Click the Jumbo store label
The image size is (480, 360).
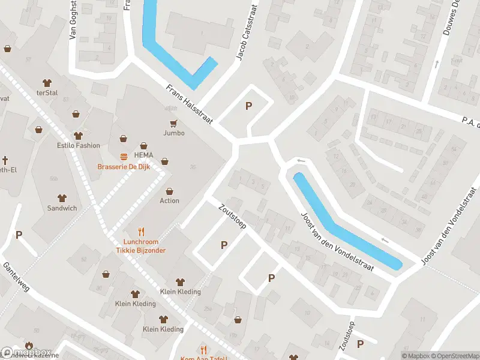174,133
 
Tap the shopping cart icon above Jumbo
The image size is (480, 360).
174,123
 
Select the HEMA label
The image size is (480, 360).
143,155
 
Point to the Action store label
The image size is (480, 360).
169,200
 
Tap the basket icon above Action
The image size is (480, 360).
170,191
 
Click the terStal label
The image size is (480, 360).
47,92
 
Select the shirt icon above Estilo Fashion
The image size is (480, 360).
77,136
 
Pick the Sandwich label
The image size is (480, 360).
62,208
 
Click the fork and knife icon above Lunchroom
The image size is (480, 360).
142,231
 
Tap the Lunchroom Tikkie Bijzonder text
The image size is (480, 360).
140,246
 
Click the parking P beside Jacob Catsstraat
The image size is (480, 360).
248,106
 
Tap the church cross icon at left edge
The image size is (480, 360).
4,160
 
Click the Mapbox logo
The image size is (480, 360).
26,353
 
